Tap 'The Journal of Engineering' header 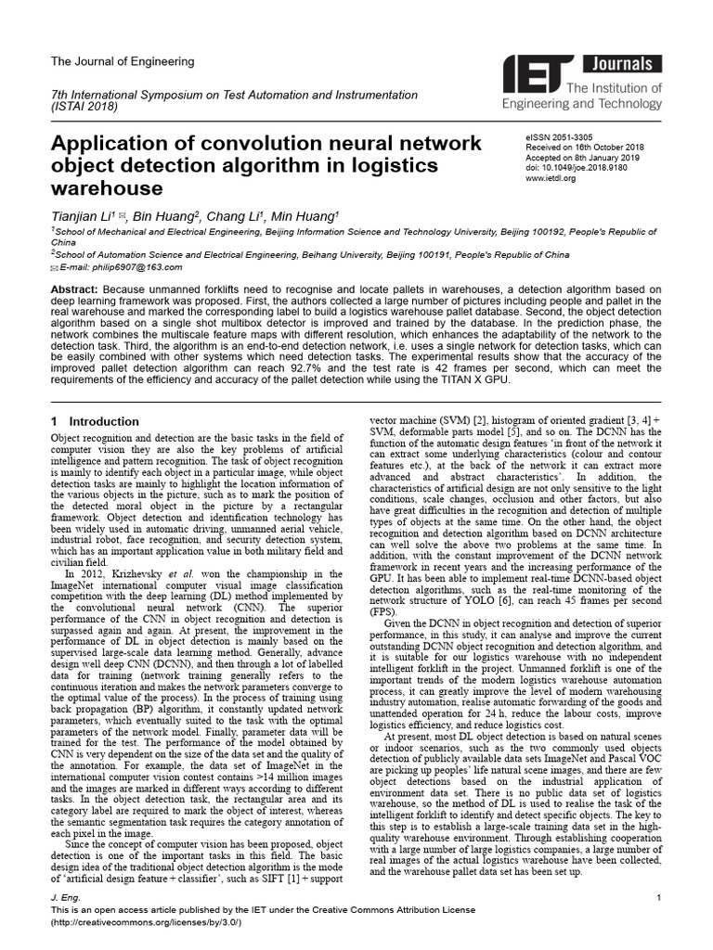(122, 61)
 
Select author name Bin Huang (163, 216)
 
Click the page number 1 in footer (657, 899)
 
